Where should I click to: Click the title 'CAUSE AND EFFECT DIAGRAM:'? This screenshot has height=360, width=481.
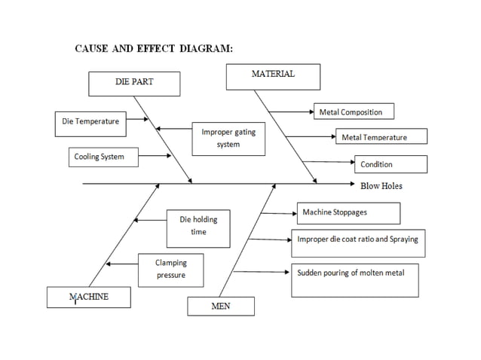(x=154, y=49)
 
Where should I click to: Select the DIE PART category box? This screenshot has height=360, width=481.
(x=134, y=83)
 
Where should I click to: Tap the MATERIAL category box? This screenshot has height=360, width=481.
(x=272, y=76)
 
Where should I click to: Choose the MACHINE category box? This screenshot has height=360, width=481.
(x=88, y=297)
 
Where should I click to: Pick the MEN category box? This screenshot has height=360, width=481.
(x=220, y=306)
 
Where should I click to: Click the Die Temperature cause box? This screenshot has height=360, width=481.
(x=90, y=121)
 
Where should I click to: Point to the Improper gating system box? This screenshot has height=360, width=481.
(x=228, y=138)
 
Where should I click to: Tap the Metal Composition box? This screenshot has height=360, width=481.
(x=353, y=112)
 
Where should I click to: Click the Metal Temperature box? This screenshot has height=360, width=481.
(x=380, y=137)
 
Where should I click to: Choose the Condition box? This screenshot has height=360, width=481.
(x=390, y=164)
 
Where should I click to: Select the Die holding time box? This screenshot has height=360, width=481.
(x=198, y=226)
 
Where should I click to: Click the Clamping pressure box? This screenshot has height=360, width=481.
(x=171, y=270)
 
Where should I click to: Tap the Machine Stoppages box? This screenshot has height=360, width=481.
(x=348, y=212)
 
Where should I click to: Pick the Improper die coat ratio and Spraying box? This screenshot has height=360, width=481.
(x=357, y=243)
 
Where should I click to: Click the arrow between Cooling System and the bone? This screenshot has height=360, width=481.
(x=147, y=157)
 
